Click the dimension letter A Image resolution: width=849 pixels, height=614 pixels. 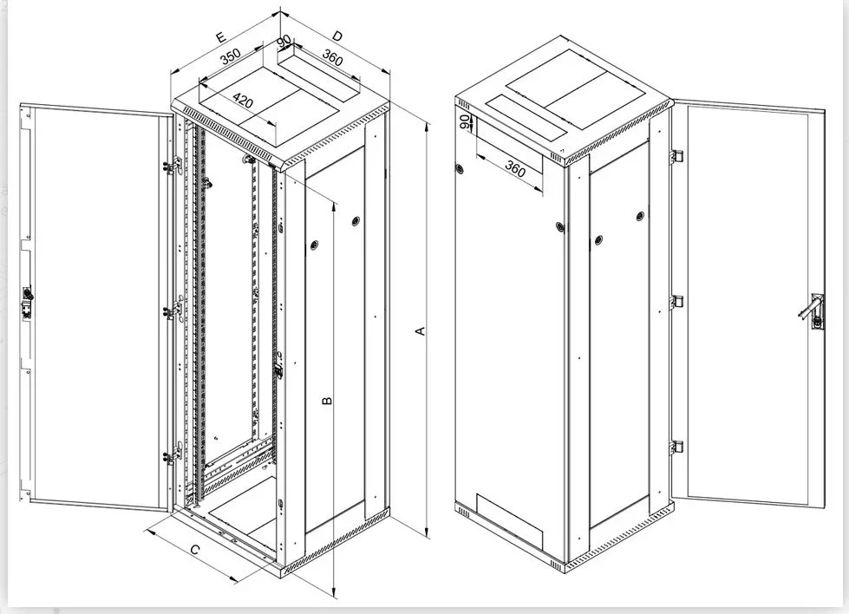pyautogui.click(x=421, y=330)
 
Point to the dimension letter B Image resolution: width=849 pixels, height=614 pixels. pyautogui.click(x=327, y=401)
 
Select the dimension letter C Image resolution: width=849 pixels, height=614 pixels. pyautogui.click(x=195, y=550)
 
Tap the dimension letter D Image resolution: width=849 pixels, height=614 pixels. pyautogui.click(x=337, y=36)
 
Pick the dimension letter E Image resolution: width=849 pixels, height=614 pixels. pyautogui.click(x=220, y=37)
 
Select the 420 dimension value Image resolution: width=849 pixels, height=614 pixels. pyautogui.click(x=243, y=101)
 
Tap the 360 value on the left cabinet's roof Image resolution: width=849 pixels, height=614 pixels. pyautogui.click(x=332, y=57)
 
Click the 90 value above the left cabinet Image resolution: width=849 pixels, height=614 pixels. pyautogui.click(x=284, y=41)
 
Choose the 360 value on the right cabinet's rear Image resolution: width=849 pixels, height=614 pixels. pyautogui.click(x=515, y=169)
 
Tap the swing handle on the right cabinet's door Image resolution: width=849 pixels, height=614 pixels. pyautogui.click(x=812, y=312)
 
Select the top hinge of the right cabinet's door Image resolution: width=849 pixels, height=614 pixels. pyautogui.click(x=676, y=156)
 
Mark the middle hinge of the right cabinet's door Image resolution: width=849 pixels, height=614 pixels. pyautogui.click(x=676, y=302)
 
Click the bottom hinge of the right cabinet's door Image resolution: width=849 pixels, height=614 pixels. pyautogui.click(x=676, y=447)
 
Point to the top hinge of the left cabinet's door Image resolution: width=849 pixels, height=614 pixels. pyautogui.click(x=173, y=165)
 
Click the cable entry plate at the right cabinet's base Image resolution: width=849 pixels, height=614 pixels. pyautogui.click(x=509, y=521)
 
